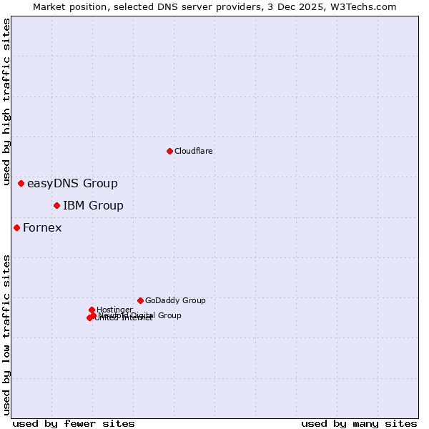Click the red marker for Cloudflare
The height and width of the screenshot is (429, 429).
click(169, 151)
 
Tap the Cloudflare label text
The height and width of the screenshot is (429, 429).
click(194, 151)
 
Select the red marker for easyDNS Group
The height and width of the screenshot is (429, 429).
click(21, 184)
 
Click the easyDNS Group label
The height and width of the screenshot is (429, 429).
click(72, 184)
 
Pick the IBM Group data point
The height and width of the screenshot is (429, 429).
click(56, 206)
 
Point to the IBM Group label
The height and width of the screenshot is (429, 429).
click(93, 206)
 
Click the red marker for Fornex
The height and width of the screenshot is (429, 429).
click(16, 228)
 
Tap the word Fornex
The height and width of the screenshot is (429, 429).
click(42, 228)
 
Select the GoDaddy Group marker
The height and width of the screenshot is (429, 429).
click(140, 300)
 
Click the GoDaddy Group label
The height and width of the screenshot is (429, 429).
click(175, 301)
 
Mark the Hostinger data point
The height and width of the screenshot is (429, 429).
click(92, 310)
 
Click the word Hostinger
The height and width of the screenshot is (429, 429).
click(115, 310)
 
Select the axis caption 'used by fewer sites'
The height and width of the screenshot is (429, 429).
click(74, 423)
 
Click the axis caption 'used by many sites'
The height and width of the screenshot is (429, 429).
click(359, 423)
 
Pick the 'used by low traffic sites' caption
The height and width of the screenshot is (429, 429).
click(7, 334)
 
